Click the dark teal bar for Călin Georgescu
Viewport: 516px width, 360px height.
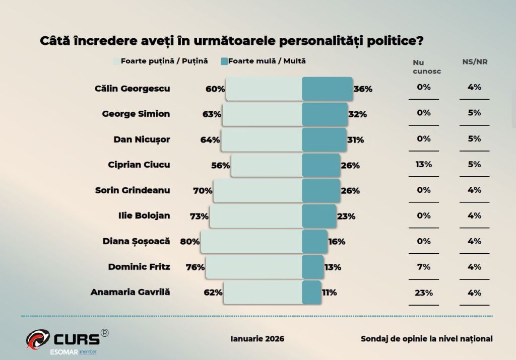pos(327,89)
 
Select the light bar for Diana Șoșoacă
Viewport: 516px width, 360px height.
pos(251,242)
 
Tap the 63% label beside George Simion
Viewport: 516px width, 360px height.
pos(212,114)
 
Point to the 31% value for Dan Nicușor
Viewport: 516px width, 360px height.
pos(356,140)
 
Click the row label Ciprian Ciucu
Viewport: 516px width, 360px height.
pos(139,165)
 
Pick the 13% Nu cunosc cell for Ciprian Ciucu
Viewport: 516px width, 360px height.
pos(424,164)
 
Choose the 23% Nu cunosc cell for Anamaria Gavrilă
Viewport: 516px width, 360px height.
pos(424,293)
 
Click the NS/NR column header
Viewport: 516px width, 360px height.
pos(475,62)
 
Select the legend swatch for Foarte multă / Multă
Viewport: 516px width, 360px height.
pos(224,61)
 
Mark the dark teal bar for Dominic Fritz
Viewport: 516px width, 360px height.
pos(312,267)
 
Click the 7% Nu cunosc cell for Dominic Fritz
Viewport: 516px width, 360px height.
pos(424,267)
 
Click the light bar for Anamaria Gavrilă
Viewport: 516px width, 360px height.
pos(263,293)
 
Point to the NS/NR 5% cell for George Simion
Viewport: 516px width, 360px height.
pos(474,113)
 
